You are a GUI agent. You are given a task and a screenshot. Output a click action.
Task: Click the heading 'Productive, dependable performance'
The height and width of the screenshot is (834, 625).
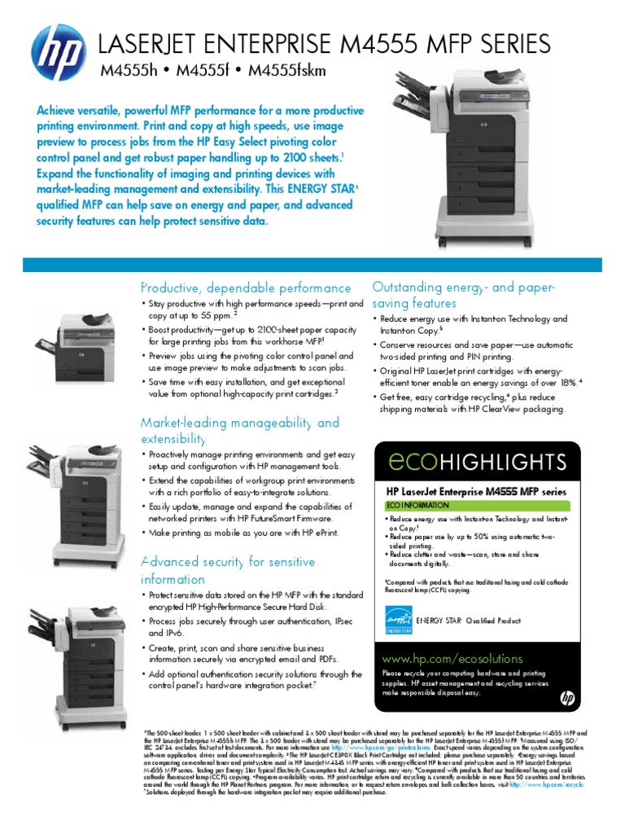[x=247, y=288]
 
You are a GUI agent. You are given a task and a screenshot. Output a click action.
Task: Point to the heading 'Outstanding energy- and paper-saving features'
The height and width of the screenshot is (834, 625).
[x=463, y=295]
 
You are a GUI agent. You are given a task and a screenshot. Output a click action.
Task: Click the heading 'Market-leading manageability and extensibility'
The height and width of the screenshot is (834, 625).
[x=240, y=431]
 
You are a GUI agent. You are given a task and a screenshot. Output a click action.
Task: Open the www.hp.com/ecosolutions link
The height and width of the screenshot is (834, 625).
[x=442, y=658]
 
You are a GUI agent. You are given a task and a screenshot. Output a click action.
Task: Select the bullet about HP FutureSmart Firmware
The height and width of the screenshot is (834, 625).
[x=251, y=512]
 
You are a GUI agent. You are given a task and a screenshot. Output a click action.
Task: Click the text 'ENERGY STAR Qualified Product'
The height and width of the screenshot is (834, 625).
[x=468, y=621]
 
